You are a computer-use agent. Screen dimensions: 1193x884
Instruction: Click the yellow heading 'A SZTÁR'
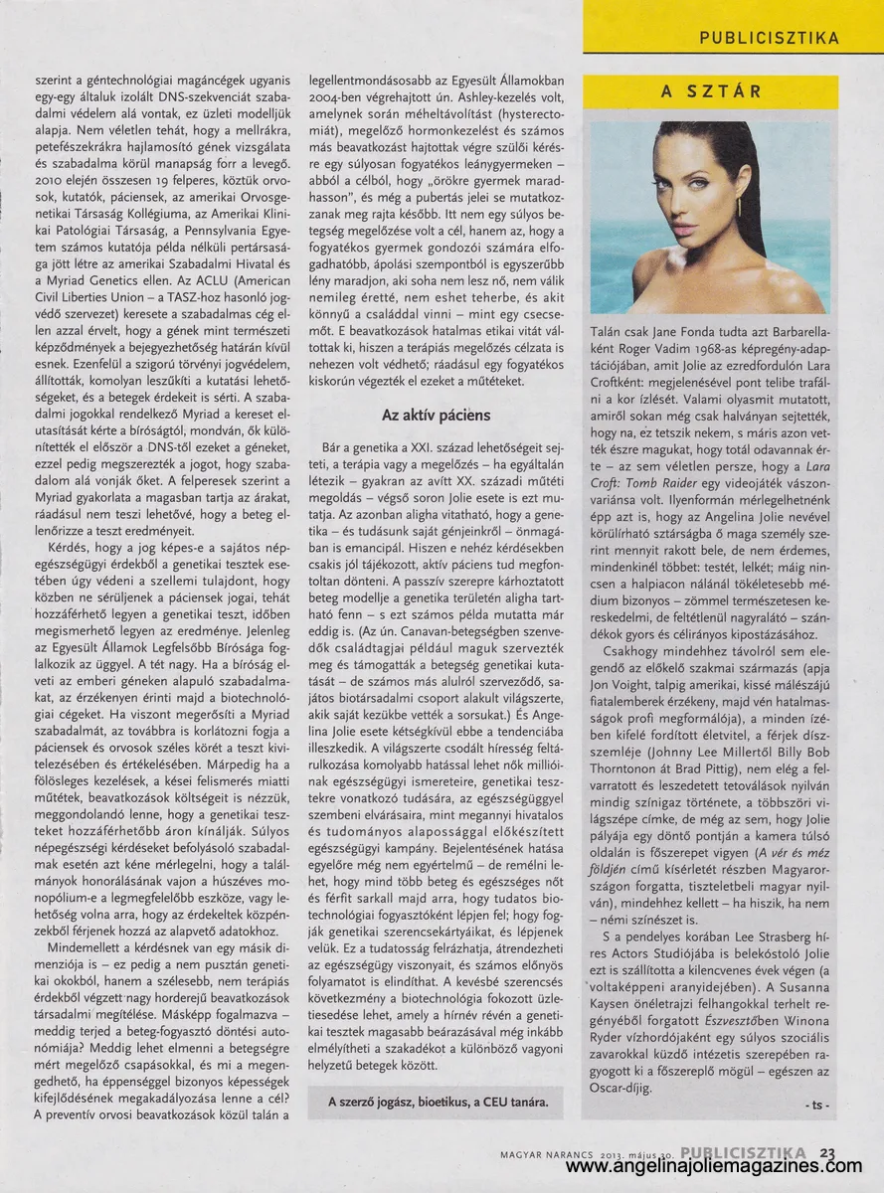point(710,91)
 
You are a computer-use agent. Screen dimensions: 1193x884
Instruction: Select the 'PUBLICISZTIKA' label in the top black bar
point(769,39)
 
